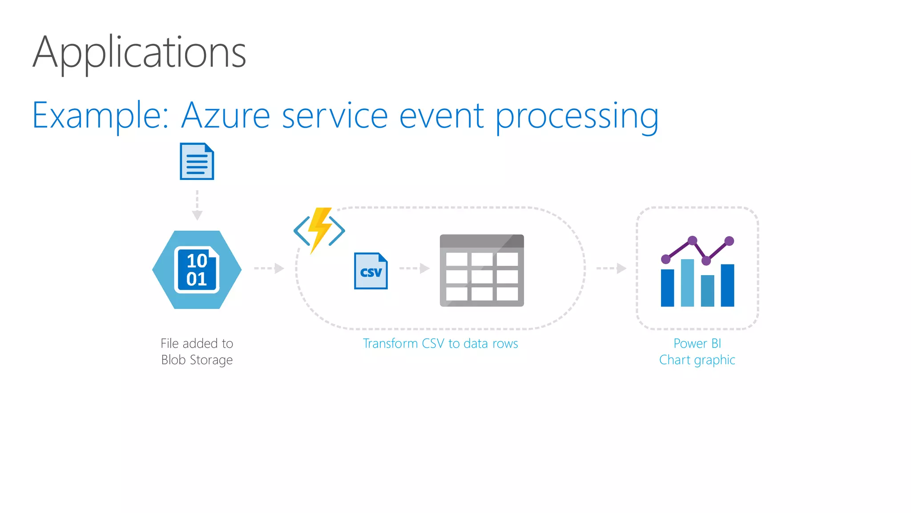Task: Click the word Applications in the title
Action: coord(139,53)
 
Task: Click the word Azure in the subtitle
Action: coord(226,116)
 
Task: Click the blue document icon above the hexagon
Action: coord(197,161)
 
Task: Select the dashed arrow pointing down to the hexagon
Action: coord(197,205)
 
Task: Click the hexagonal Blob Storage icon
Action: coord(197,269)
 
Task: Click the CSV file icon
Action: coord(371,271)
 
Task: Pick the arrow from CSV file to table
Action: coord(414,268)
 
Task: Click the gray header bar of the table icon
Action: coord(481,241)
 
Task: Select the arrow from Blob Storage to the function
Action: coord(269,268)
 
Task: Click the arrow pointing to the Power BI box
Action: coord(611,268)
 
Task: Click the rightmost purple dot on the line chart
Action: coord(729,241)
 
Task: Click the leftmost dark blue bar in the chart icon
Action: coord(667,288)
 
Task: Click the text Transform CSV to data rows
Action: coord(440,343)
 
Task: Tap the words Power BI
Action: coord(697,343)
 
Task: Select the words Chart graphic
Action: coord(697,360)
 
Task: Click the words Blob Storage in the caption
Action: coord(197,360)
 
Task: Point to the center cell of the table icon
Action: coord(482,277)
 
